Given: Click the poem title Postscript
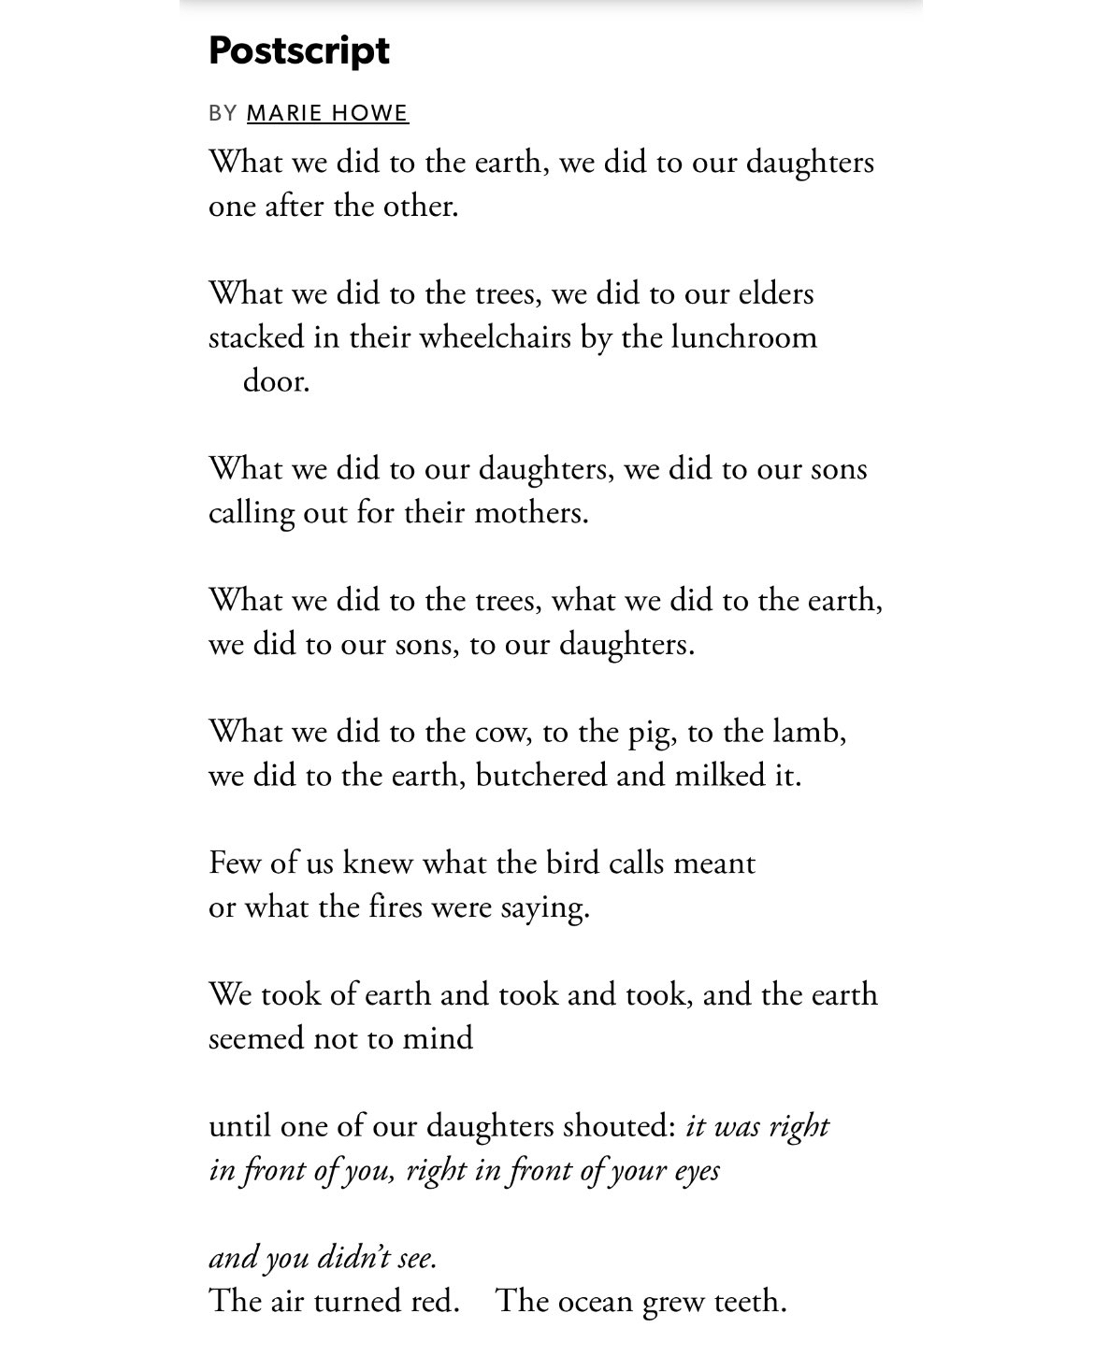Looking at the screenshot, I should coord(298,50).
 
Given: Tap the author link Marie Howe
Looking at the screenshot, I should coord(327,113).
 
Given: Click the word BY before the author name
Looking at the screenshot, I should coord(223,113).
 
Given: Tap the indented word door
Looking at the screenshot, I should coord(275,381).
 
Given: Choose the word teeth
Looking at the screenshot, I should coord(749,1301).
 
